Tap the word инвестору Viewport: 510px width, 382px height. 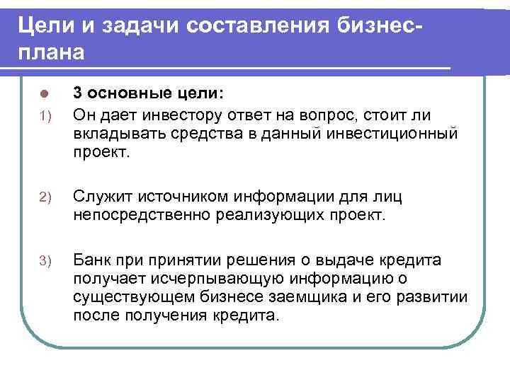coord(176,115)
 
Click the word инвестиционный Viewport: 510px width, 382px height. coord(402,134)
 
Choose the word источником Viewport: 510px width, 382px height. coord(178,196)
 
